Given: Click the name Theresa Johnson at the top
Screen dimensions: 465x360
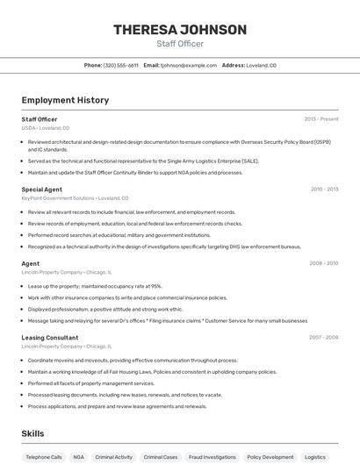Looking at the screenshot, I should point(180,30).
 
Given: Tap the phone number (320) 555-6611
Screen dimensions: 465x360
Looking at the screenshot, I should point(120,65).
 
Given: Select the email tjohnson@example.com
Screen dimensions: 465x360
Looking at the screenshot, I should point(188,65).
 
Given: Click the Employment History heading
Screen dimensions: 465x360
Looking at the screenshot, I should point(65,100).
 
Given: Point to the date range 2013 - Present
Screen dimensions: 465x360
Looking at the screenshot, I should point(321,119).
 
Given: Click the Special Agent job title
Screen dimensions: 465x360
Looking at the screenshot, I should point(41,190).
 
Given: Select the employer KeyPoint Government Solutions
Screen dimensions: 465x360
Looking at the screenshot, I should point(58,198).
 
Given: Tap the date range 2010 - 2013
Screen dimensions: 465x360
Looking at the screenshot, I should point(324,190).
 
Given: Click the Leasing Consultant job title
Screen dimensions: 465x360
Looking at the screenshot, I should point(50,338).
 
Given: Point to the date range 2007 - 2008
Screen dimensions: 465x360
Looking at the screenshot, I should point(324,338).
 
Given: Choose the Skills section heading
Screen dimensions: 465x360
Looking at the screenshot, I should point(32,433).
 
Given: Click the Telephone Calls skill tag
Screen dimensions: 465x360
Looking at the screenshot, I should point(44,457).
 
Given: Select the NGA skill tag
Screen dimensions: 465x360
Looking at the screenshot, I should point(79,457).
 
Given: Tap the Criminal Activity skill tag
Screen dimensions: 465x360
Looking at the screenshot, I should point(114,457).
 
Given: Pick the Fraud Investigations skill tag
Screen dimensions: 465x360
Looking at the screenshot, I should point(212,457).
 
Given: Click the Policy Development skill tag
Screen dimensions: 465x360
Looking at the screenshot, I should point(270,457).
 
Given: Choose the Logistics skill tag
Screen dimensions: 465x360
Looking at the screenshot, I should point(315,457).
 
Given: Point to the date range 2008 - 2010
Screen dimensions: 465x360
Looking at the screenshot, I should point(324,263).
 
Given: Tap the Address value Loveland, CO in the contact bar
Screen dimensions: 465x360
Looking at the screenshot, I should point(261,65).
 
